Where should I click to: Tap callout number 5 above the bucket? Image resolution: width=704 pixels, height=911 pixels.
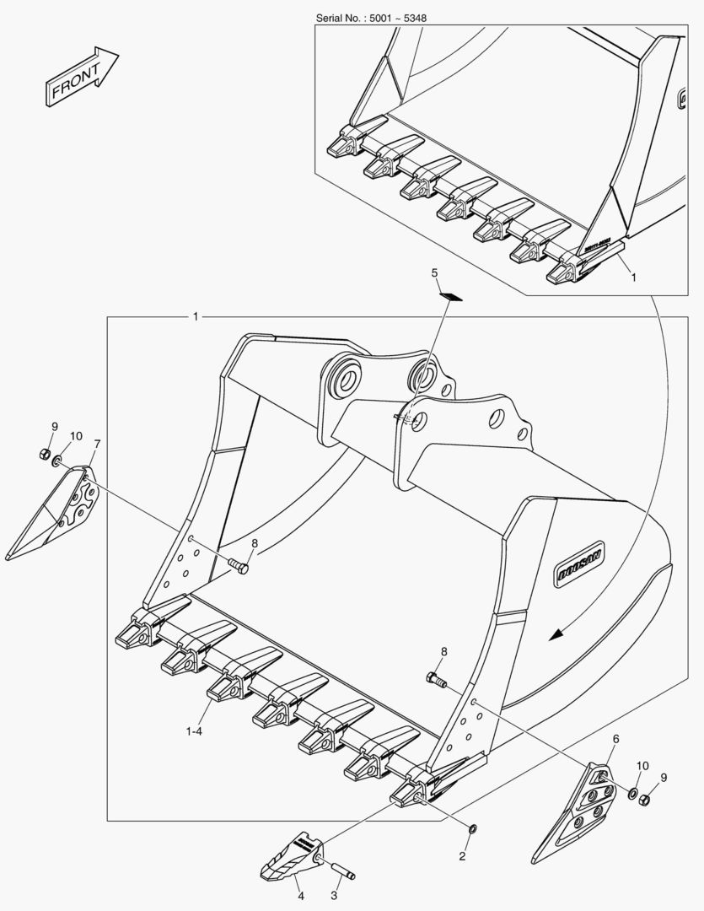click(435, 273)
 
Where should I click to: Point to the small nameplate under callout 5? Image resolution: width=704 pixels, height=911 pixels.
click(450, 295)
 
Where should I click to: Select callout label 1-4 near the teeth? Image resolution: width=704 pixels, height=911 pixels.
click(194, 730)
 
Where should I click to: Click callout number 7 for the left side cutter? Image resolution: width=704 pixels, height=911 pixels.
click(97, 444)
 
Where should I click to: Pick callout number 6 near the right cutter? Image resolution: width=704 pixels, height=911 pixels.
click(615, 739)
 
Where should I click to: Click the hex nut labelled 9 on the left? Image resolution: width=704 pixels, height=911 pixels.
click(44, 455)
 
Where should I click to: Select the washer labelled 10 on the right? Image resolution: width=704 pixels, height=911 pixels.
click(632, 793)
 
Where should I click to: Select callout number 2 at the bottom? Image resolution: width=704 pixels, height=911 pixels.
click(462, 856)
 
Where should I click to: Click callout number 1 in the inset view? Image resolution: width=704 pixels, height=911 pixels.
click(633, 276)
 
